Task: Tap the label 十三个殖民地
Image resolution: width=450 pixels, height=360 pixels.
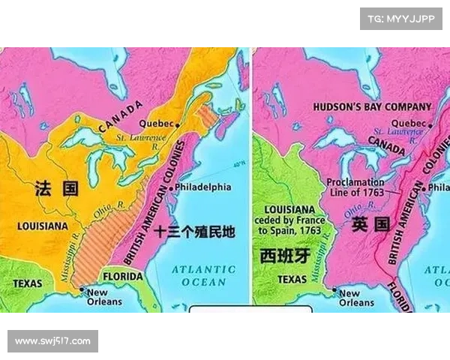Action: tap(194, 232)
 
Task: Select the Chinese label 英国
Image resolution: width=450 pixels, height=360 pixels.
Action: tap(370, 223)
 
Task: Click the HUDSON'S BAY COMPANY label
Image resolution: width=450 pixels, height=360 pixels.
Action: tap(372, 107)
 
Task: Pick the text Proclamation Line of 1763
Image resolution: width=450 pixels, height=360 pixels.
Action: tap(355, 187)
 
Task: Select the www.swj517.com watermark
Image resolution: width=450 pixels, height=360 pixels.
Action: tap(53, 341)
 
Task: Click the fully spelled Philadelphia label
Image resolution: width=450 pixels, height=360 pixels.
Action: tap(204, 187)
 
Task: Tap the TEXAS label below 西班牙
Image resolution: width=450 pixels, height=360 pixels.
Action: tap(292, 279)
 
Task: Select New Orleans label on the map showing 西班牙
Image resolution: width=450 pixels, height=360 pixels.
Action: tap(356, 298)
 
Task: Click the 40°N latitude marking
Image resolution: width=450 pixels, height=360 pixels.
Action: tap(239, 165)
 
